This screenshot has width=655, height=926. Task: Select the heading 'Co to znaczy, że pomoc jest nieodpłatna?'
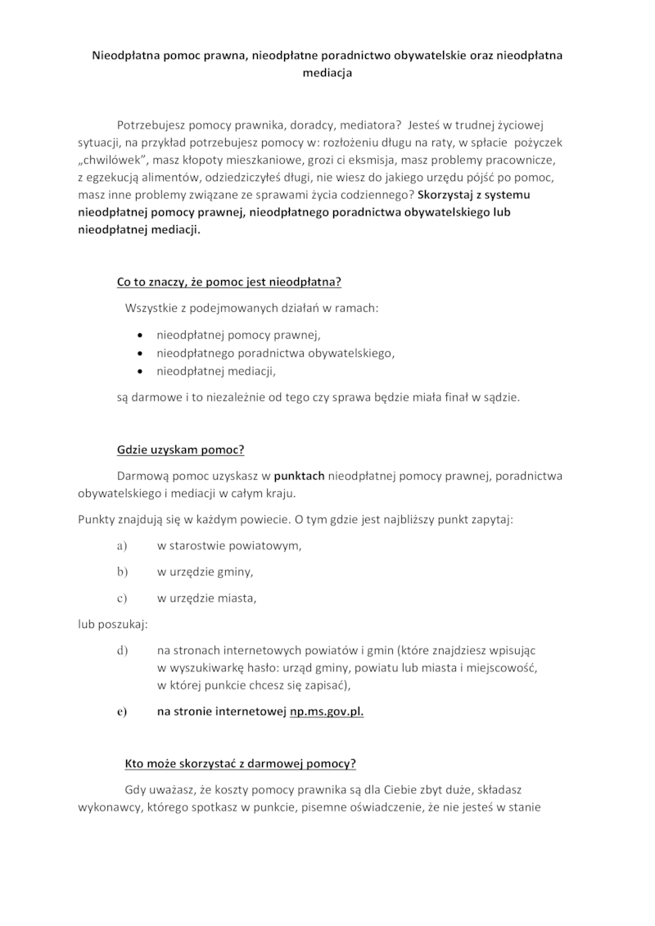pos(228,283)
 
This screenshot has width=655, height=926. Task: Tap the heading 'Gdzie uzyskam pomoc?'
pos(181,450)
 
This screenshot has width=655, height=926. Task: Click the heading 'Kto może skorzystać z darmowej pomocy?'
pos(240,763)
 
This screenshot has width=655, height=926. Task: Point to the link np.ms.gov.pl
pos(327,711)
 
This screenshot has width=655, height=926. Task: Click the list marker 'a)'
pos(123,545)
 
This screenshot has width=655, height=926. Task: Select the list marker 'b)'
pos(123,571)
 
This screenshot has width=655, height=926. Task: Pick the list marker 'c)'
pos(123,598)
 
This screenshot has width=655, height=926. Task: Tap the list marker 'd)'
pos(123,650)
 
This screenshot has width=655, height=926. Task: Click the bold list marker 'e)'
pos(122,711)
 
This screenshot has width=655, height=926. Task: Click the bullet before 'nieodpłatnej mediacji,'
pos(142,372)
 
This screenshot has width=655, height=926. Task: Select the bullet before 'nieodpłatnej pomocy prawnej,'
pos(142,335)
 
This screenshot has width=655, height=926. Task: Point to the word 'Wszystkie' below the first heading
pos(151,309)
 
